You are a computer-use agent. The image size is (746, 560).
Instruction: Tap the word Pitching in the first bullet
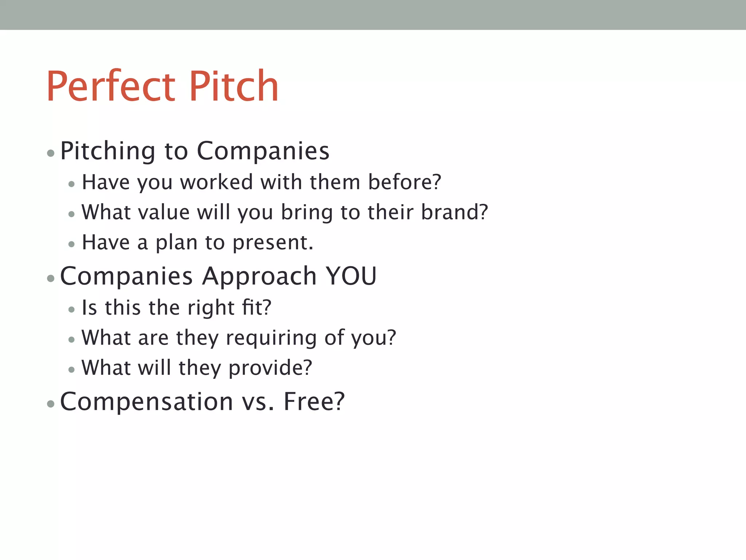pos(108,151)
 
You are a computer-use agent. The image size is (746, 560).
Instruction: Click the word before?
pos(404,182)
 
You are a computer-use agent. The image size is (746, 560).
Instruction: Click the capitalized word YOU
pos(351,276)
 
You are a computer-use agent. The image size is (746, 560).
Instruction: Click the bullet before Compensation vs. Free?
pos(51,404)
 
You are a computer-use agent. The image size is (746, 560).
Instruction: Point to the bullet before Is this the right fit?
pos(71,310)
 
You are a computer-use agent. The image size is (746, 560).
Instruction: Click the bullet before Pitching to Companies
pos(51,153)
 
